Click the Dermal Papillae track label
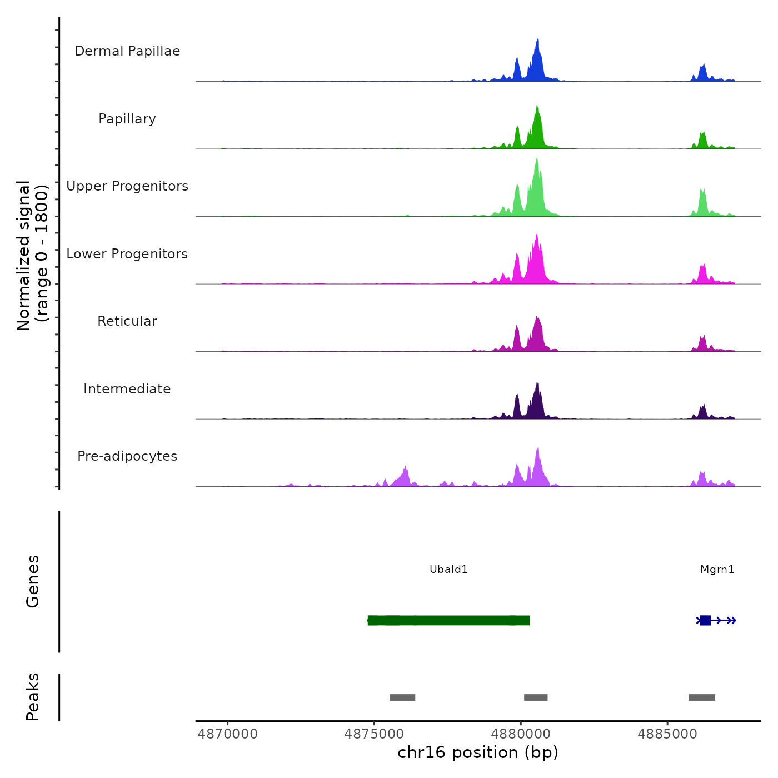coord(127,51)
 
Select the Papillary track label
coord(127,119)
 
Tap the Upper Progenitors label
coord(127,186)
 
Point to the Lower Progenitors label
coord(127,254)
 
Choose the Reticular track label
coord(127,321)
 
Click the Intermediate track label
coord(127,389)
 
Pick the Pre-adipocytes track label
coord(127,456)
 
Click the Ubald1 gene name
coord(448,569)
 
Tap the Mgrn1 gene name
coord(717,569)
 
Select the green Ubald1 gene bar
coord(448,620)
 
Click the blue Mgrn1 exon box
coord(705,620)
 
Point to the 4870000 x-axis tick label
coord(227,734)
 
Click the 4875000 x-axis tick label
coord(374,734)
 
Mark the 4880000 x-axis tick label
coord(521,734)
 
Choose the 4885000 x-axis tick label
coord(667,734)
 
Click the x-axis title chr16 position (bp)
coord(478,752)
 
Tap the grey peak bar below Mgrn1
coord(702,697)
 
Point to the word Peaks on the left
coord(33,696)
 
